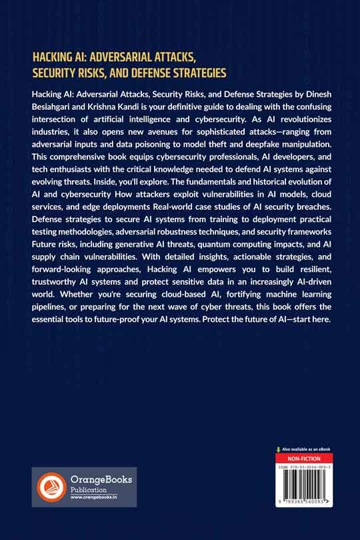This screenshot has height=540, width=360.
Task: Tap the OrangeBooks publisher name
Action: [x=102, y=479]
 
